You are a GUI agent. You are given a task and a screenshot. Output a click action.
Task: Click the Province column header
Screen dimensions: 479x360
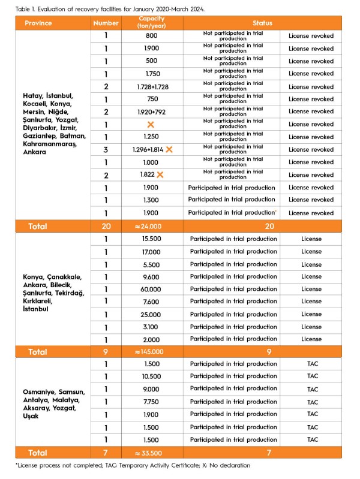tap(38, 23)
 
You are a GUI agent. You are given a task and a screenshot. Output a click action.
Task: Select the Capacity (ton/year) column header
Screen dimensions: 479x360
tap(152, 23)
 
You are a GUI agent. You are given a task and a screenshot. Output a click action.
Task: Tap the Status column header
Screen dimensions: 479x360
tap(262, 23)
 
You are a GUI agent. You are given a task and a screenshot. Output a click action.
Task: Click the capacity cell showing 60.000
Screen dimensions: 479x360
tap(152, 289)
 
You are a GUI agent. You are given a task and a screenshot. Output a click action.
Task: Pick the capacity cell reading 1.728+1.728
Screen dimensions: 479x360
tap(152, 87)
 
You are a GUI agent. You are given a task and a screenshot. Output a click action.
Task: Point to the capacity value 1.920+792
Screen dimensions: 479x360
tap(152, 112)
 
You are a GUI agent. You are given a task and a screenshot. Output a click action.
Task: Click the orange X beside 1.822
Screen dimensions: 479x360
tap(160, 174)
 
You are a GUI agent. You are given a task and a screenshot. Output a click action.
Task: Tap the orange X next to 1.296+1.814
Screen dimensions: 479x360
tap(169, 149)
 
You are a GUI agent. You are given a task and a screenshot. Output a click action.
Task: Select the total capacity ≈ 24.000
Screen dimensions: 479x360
tap(152, 227)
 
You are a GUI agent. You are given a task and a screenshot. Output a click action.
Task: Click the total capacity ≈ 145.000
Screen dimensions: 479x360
tap(152, 352)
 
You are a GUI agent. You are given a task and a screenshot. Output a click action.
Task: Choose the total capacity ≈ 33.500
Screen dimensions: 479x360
tap(152, 453)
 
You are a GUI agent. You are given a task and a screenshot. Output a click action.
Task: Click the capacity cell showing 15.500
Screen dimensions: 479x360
tap(152, 239)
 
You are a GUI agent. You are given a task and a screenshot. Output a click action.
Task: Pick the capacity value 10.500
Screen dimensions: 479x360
tap(152, 376)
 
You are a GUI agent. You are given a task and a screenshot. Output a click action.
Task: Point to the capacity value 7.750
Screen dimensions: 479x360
tap(152, 402)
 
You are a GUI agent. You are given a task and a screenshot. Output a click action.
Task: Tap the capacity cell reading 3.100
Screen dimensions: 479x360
tap(152, 327)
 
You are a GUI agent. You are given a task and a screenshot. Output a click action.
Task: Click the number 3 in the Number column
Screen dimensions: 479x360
tap(106, 149)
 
